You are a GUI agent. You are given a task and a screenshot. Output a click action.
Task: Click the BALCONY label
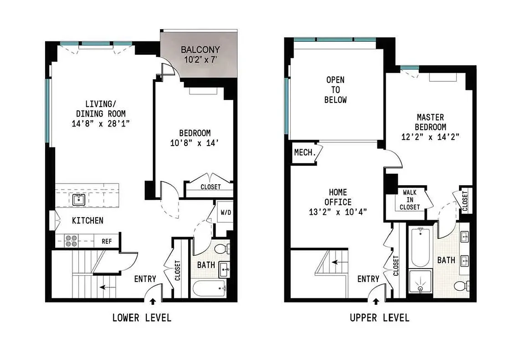[200, 50]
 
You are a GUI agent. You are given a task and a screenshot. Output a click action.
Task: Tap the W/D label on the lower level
[225, 212]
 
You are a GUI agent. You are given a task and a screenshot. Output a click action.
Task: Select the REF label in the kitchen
[107, 241]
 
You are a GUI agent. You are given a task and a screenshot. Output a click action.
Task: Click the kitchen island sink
[78, 199]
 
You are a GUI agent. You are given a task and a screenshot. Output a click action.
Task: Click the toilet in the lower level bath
[223, 249]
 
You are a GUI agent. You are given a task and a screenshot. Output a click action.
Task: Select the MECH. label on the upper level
[305, 153]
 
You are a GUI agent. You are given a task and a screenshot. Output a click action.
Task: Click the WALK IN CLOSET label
[409, 200]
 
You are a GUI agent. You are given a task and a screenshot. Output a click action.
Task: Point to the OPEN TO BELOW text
[335, 90]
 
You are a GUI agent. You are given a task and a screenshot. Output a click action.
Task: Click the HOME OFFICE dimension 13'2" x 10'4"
[338, 212]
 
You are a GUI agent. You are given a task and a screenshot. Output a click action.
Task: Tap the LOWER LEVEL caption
[142, 318]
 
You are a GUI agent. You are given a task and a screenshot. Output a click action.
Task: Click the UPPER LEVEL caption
[379, 318]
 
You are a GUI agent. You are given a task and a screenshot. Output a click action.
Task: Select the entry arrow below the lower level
[152, 301]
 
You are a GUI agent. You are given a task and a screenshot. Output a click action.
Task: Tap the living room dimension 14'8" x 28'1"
[100, 124]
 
